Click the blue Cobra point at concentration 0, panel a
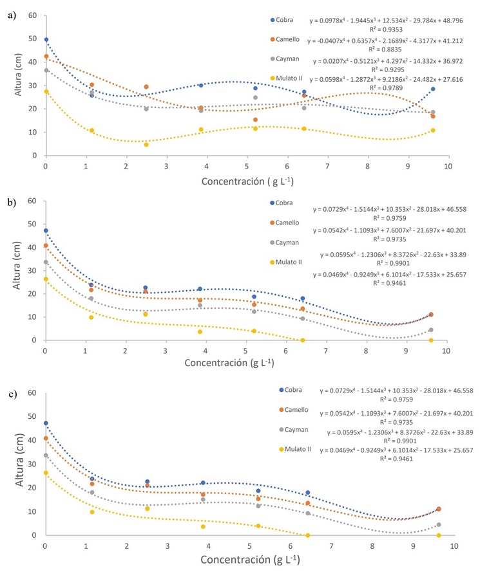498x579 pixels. (46, 40)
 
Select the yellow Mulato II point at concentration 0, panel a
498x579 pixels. (46, 91)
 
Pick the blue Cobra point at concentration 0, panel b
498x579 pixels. (46, 230)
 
